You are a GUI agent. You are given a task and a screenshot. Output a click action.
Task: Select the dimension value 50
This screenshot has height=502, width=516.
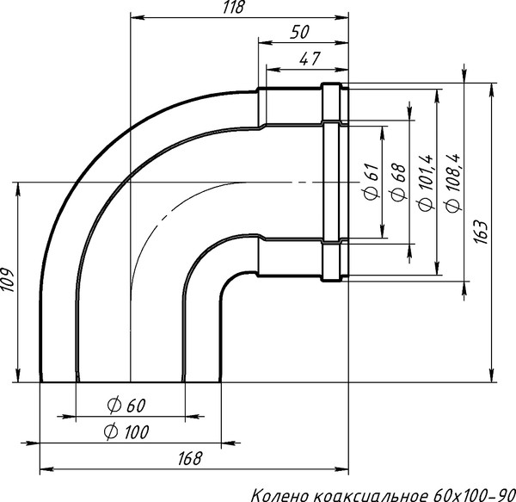[x=300, y=32]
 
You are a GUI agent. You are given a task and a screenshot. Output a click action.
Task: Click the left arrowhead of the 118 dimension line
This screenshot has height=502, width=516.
[x=134, y=16]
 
